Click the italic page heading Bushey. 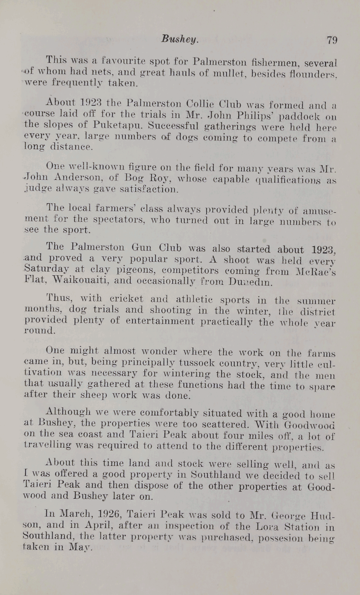[x=179, y=39]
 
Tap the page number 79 [x=332, y=40]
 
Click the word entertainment [x=160, y=321]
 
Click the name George [x=298, y=515]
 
